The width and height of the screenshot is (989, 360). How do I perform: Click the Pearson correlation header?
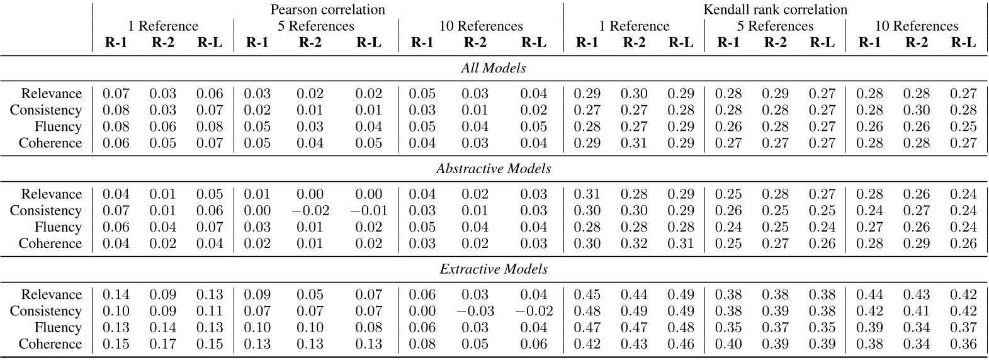[x=327, y=9]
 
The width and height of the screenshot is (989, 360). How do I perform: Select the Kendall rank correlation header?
[x=775, y=9]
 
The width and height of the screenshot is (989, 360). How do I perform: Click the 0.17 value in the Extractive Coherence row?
[x=162, y=344]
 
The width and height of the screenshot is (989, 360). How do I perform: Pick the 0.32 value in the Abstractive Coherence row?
[x=634, y=244]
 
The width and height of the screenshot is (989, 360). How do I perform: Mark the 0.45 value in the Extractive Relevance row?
[x=587, y=295]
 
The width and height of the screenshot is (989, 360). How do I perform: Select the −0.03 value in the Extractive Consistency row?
[x=475, y=311]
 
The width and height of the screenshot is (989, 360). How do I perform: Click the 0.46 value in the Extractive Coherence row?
[x=681, y=344]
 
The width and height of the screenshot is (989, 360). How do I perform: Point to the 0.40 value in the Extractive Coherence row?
[x=728, y=344]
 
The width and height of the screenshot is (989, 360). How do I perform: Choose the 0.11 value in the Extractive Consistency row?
[x=210, y=311]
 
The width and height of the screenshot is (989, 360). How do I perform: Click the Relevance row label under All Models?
[x=51, y=94]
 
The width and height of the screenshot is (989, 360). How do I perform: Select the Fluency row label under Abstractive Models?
[x=58, y=227]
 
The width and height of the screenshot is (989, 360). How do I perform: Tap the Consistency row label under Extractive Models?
[x=45, y=311]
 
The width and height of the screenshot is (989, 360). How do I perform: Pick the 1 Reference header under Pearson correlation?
[x=162, y=26]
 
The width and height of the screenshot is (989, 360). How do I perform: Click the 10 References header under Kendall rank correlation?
[x=916, y=26]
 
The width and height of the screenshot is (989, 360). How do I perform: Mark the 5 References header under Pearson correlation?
[x=316, y=26]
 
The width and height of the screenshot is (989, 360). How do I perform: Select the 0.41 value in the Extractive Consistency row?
[x=916, y=311]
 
